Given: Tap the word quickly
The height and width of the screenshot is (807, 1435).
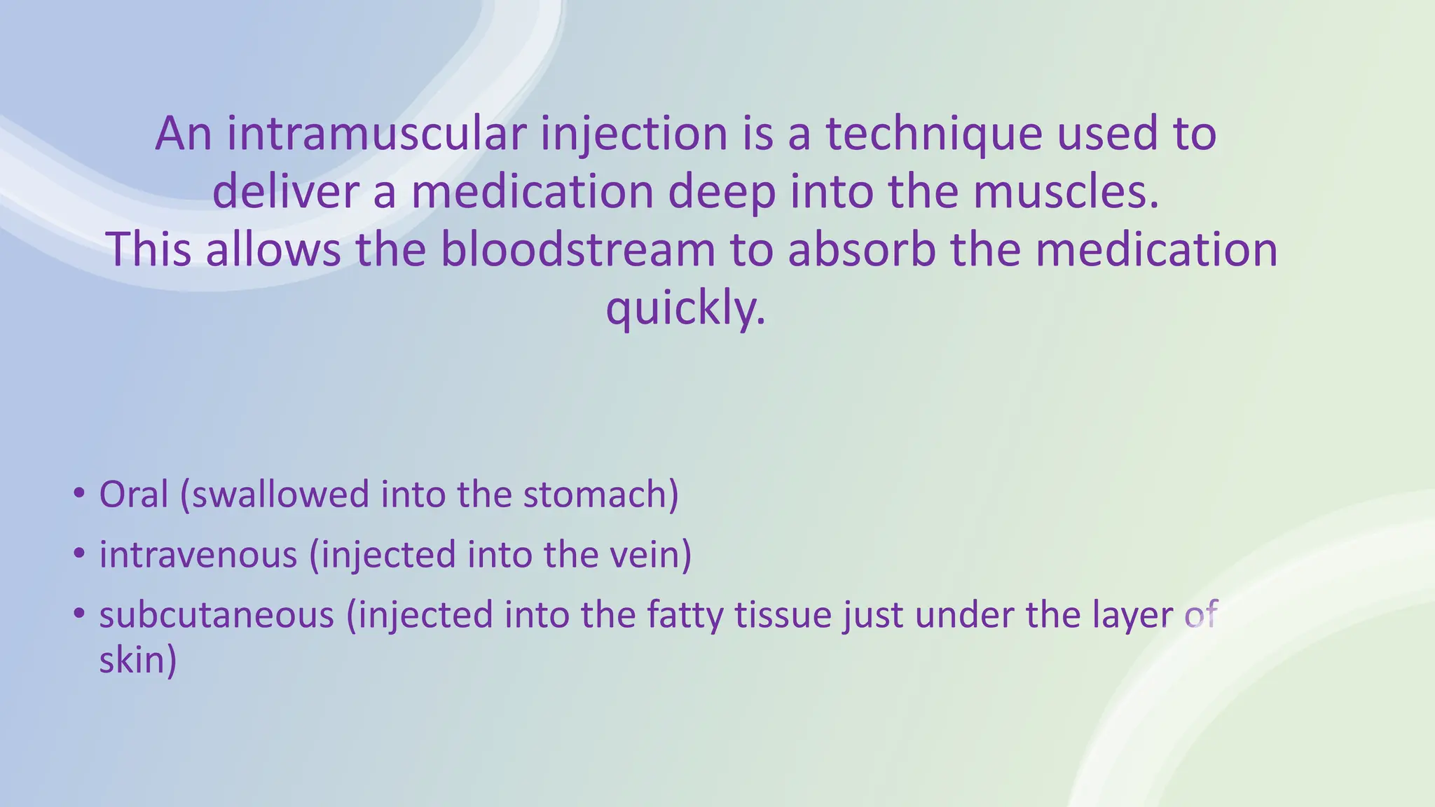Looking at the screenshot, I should pyautogui.click(x=685, y=309).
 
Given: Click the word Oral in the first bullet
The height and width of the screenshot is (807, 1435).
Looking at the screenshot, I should pyautogui.click(x=134, y=495).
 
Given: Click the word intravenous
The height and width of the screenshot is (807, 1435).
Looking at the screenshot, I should pyautogui.click(x=198, y=555).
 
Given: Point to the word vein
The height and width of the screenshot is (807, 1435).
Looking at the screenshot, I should pyautogui.click(x=650, y=555).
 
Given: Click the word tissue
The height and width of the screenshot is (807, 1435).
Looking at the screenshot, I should pyautogui.click(x=783, y=615).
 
